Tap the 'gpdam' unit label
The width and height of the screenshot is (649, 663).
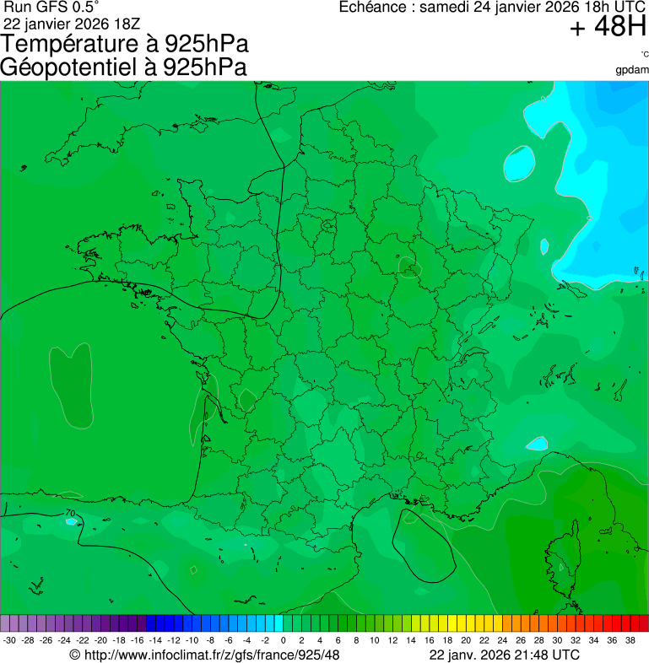coord(632,69)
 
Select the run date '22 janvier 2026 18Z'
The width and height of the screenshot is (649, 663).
coord(72,23)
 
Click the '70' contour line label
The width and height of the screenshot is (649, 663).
coord(70,513)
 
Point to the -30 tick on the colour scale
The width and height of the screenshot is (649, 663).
coord(10,640)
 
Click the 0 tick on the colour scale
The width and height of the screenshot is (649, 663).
coord(283,640)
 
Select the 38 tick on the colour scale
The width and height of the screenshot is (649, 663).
coord(630,640)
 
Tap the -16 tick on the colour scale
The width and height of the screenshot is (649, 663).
coord(138,640)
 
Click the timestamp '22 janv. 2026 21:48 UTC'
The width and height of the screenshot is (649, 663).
coord(504,655)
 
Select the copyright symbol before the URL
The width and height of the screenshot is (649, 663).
coord(75,655)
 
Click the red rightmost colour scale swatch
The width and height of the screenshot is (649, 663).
coord(643,623)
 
